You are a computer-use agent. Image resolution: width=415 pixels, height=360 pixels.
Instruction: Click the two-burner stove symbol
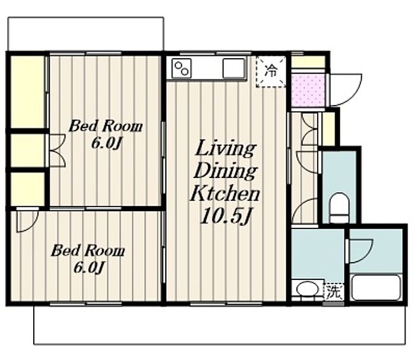pyautogui.click(x=181, y=68)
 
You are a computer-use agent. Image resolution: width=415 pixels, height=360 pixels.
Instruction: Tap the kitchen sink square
pyautogui.click(x=234, y=68)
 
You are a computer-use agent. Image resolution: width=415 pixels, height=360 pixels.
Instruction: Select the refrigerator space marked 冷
pyautogui.click(x=271, y=72)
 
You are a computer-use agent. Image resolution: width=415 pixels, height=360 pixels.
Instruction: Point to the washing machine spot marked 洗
pyautogui.click(x=334, y=292)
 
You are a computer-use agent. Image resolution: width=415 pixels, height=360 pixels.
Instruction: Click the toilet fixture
pyautogui.click(x=339, y=208)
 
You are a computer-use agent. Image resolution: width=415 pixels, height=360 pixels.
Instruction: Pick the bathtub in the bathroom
pyautogui.click(x=376, y=288)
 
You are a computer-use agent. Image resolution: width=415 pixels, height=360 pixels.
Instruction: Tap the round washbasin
pyautogui.click(x=307, y=289)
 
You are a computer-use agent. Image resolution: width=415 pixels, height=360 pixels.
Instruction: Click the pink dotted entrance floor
pyautogui.click(x=308, y=90)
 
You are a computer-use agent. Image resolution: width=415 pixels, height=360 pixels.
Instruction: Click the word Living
pyautogui.click(x=225, y=148)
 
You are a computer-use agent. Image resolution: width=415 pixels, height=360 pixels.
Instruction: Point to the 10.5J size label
pyautogui.click(x=225, y=216)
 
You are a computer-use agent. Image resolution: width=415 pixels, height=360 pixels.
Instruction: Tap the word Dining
pyautogui.click(x=225, y=171)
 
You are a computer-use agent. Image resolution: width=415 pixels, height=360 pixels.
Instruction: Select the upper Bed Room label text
pyautogui.click(x=106, y=126)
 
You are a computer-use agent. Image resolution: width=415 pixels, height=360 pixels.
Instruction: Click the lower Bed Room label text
pyautogui.click(x=88, y=250)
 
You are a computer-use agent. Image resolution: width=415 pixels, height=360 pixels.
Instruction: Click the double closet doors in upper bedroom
pyautogui.click(x=57, y=151)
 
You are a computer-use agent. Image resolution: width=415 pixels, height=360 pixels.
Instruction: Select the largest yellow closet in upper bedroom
pyautogui.click(x=27, y=92)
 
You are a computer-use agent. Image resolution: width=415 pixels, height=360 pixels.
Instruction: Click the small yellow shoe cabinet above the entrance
pyautogui.click(x=308, y=62)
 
